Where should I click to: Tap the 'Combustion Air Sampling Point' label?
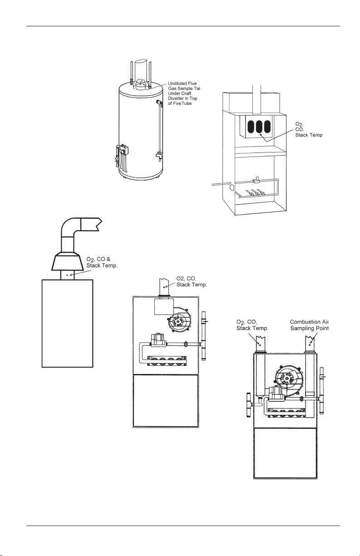pyautogui.click(x=309, y=325)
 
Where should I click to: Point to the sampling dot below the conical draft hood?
pyautogui.click(x=68, y=275)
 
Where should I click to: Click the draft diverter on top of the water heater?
pyautogui.click(x=142, y=84)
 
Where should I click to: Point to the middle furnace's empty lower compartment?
pyautogui.click(x=165, y=399)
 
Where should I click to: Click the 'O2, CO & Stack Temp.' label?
pyautogui.click(x=102, y=262)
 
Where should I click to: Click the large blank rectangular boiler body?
pyautogui.click(x=68, y=322)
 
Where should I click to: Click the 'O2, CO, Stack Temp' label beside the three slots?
pyautogui.click(x=309, y=129)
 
